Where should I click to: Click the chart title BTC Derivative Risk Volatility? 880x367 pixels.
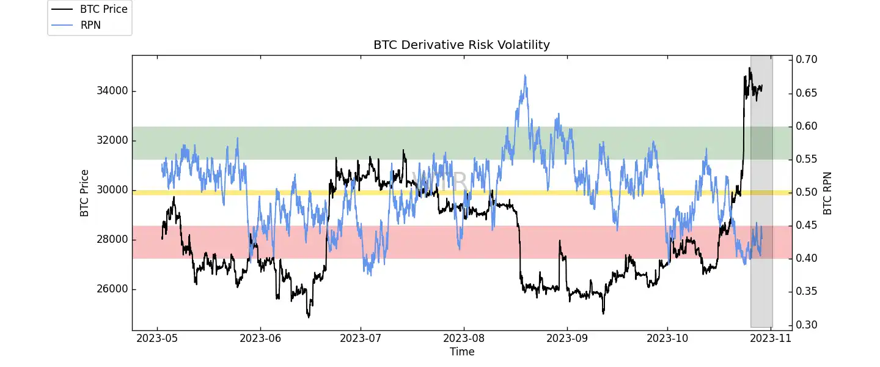[461, 45]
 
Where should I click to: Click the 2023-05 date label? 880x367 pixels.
[158, 338]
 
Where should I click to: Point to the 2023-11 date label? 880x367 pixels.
[771, 338]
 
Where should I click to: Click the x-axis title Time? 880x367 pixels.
[462, 352]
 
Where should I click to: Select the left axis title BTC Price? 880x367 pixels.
[84, 193]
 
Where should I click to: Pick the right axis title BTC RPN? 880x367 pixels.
[828, 193]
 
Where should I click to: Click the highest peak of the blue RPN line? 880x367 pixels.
[525, 75]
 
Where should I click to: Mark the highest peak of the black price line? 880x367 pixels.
[750, 68]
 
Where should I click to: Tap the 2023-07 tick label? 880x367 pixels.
[361, 338]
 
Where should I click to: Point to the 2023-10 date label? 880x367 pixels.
[667, 338]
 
